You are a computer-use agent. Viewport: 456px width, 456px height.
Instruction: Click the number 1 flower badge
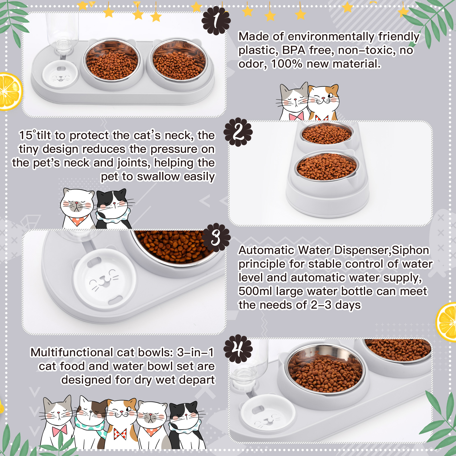216,21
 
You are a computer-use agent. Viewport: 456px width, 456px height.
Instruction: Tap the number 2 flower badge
238,132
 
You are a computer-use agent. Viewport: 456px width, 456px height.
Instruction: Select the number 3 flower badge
216,237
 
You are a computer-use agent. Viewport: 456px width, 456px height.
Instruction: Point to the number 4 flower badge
238,349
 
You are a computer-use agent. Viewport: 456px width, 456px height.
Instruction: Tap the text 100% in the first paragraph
286,64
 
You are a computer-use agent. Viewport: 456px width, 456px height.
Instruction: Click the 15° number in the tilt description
27,135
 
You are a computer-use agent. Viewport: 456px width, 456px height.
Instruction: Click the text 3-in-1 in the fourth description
195,353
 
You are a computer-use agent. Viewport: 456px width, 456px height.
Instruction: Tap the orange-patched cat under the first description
323,101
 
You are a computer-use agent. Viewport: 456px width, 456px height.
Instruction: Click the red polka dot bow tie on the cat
120,434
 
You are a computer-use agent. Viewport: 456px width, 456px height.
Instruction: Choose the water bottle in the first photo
63,31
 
